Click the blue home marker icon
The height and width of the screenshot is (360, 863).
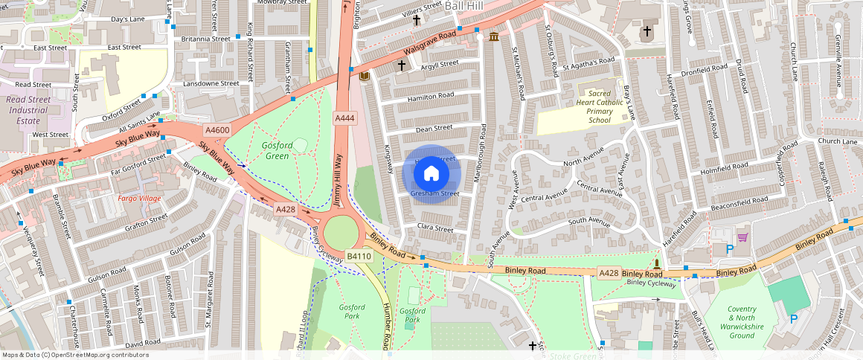(x=431, y=174)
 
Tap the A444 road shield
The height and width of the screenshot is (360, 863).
(x=344, y=118)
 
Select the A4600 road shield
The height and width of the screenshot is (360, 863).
(x=217, y=130)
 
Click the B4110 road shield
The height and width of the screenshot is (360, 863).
(x=359, y=257)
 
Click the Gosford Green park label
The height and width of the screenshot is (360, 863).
(x=276, y=150)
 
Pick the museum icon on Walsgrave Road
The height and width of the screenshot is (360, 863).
(x=494, y=36)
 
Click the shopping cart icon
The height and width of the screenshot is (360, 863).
(x=742, y=237)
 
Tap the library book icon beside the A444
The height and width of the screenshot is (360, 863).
(x=364, y=77)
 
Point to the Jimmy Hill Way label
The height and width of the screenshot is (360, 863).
(x=337, y=180)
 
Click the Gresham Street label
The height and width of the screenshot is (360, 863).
(x=434, y=193)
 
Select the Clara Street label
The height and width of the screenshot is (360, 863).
(x=435, y=228)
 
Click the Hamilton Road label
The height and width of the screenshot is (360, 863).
(x=430, y=97)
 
